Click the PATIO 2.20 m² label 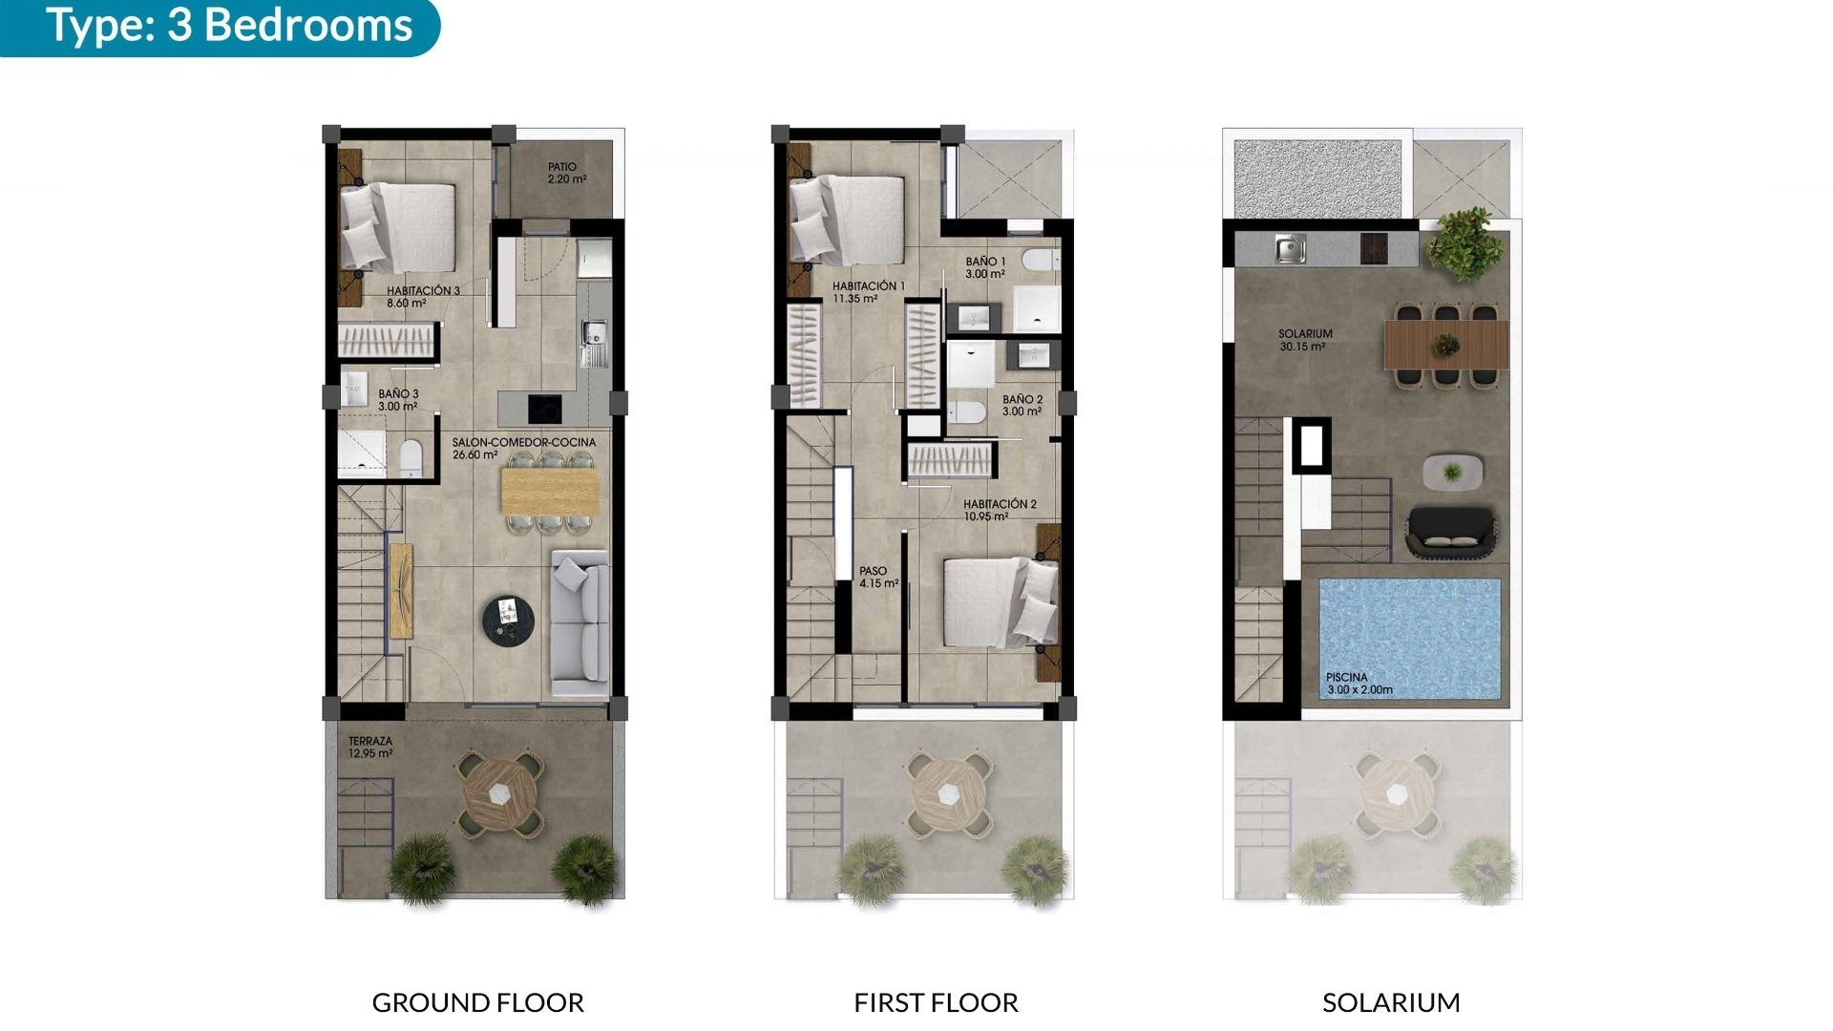[x=566, y=173]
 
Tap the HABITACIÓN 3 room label [x=423, y=297]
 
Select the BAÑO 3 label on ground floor [x=398, y=400]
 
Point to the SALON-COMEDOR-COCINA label [x=523, y=448]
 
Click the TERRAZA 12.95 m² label [x=370, y=747]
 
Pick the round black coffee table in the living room [x=508, y=621]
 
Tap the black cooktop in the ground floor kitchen [x=544, y=409]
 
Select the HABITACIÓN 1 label [x=868, y=292]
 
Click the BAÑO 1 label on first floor [x=985, y=267]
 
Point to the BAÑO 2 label [x=1022, y=406]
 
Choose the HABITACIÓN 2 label [x=1000, y=510]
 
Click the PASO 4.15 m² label [x=878, y=577]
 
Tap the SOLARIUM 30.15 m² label [x=1305, y=340]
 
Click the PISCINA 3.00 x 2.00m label [x=1359, y=683]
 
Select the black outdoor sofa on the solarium [x=1451, y=531]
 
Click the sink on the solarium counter [x=1290, y=249]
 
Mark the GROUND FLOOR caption [x=477, y=1002]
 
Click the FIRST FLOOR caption [x=936, y=1002]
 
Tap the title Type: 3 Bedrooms [x=229, y=26]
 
